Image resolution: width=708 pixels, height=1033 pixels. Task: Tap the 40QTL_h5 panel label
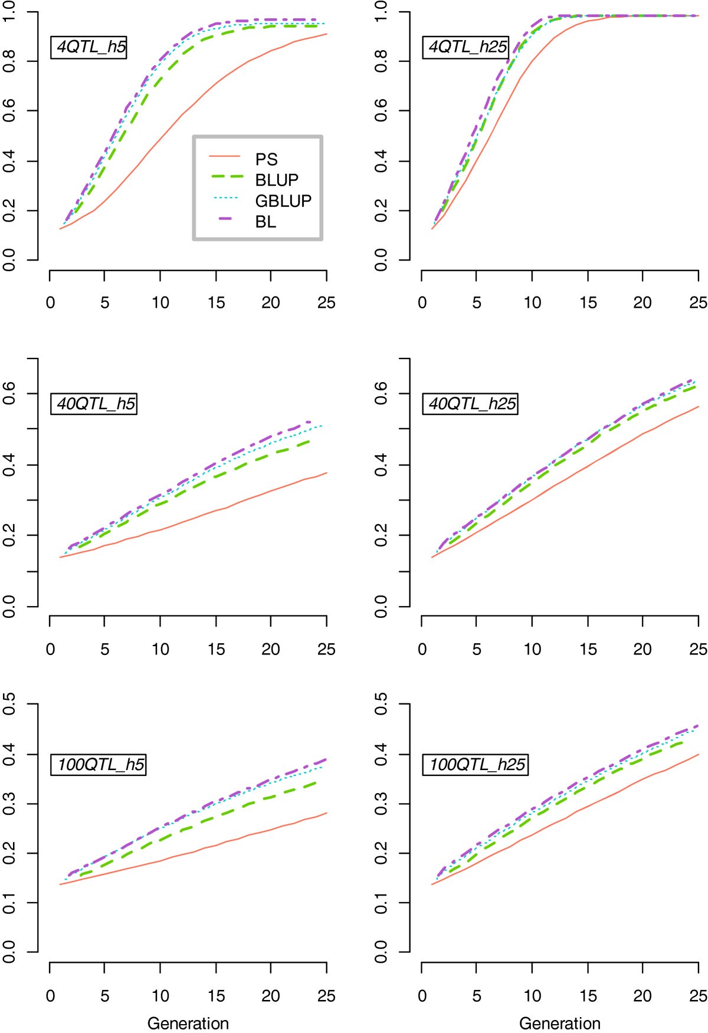(95, 404)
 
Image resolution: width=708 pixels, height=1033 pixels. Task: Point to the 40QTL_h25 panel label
(471, 404)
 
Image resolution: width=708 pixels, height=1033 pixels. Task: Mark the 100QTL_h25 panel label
(476, 765)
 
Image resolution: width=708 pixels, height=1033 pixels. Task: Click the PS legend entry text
(266, 159)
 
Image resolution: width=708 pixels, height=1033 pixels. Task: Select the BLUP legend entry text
(277, 180)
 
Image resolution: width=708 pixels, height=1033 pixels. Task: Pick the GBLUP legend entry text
(283, 201)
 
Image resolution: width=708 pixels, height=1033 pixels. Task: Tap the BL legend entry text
(265, 222)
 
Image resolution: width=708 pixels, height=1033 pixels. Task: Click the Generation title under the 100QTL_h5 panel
(188, 1022)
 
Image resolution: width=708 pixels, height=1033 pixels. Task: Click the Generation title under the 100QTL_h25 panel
(559, 1022)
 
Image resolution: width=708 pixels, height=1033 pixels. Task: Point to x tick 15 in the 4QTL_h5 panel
(216, 302)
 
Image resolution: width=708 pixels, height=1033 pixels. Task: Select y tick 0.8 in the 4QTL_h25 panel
(381, 61)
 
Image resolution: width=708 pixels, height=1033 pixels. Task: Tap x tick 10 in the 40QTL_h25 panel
(532, 649)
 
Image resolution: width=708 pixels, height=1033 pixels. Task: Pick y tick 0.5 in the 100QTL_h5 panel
(9, 704)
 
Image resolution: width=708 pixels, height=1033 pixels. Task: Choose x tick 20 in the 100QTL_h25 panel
(643, 996)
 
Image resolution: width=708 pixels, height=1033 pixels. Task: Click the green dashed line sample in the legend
(227, 177)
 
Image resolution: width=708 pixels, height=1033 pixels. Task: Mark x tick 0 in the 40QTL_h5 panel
(50, 649)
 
